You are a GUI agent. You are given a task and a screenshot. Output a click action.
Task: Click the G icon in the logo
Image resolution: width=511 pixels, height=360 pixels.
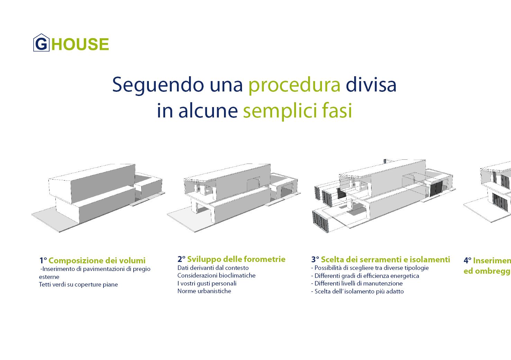click(41, 43)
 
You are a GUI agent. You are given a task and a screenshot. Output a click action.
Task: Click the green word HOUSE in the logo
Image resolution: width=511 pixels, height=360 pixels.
click(80, 44)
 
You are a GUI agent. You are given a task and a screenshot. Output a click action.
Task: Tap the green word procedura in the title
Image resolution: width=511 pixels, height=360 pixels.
click(294, 85)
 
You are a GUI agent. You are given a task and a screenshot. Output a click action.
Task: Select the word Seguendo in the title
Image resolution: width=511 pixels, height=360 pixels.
click(158, 85)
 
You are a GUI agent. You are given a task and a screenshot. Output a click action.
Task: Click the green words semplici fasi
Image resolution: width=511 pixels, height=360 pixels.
click(297, 111)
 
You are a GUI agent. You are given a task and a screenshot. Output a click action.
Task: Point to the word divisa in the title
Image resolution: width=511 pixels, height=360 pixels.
click(371, 85)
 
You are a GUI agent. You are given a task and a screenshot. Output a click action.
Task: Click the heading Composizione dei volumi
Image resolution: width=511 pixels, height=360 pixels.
click(97, 261)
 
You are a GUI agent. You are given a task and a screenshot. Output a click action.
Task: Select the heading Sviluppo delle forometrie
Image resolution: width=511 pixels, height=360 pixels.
click(236, 259)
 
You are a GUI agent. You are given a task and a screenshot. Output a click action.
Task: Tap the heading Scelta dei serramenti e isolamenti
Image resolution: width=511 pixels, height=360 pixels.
click(385, 260)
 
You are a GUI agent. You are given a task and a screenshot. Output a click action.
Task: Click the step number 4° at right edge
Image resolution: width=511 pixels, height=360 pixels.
click(467, 261)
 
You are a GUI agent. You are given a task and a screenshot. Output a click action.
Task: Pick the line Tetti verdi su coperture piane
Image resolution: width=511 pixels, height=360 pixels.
click(78, 284)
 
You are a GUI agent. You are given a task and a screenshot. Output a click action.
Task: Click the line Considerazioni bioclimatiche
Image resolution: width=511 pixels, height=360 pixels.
click(216, 275)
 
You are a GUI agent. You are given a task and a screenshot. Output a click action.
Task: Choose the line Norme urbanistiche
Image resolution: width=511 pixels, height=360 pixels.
click(204, 291)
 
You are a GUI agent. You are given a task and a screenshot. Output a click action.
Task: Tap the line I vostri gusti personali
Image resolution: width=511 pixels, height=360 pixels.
click(207, 283)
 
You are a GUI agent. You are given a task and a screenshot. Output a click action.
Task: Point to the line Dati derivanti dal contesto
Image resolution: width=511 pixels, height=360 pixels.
click(213, 268)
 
